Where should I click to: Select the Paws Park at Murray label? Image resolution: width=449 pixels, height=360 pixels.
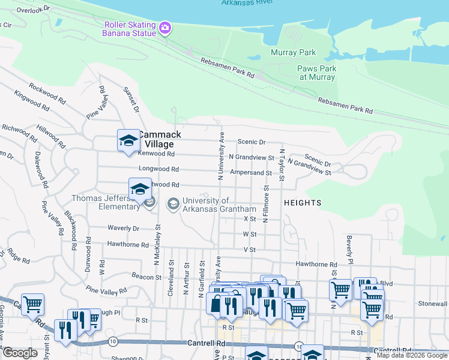[317, 73]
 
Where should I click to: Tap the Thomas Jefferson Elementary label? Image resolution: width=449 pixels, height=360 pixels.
[105, 203]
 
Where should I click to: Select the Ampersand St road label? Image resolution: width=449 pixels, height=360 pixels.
[251, 173]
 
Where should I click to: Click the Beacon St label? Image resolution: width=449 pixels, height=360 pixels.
[146, 277]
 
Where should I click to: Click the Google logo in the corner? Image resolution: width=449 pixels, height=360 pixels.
[20, 353]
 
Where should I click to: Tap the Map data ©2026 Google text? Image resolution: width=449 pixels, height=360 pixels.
[412, 355]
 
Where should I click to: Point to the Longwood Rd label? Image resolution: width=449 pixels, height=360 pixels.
[158, 170]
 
